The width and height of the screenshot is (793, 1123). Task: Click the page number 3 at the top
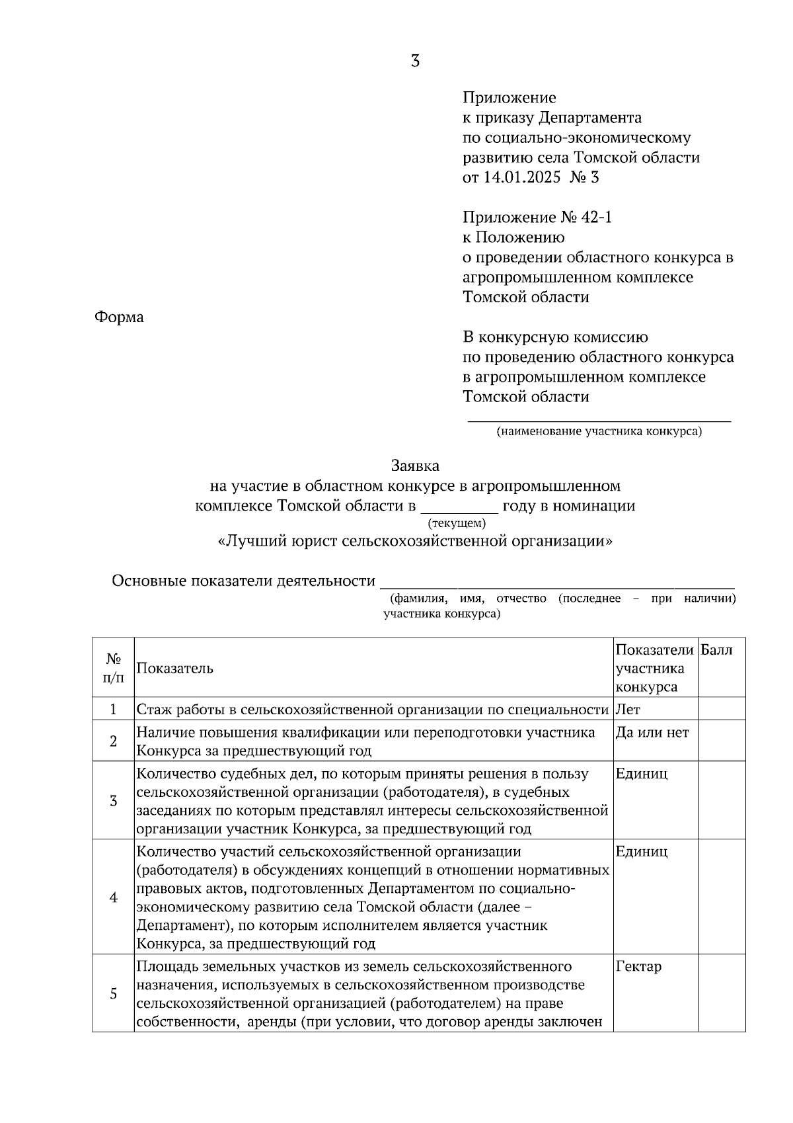point(415,62)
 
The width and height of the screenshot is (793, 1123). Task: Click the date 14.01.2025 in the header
point(521,177)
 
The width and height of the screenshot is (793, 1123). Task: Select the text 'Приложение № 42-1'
point(537,217)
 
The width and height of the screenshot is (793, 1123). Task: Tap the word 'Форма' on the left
point(119,317)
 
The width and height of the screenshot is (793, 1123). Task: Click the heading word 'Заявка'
point(415,466)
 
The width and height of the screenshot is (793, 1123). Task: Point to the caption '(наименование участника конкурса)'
point(599,432)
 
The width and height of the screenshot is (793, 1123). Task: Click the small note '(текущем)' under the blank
point(457,523)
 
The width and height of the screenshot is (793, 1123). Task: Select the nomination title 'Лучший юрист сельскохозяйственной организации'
point(415,541)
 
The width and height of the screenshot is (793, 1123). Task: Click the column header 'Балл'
point(716,650)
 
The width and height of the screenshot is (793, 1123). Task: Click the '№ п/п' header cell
point(113,668)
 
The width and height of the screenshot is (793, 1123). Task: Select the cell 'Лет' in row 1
point(628,710)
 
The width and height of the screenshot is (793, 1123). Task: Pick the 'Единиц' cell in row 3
point(641,774)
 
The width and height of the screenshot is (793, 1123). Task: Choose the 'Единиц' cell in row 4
point(641,851)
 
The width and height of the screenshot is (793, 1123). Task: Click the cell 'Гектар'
point(638,967)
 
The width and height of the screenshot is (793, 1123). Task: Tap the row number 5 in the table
point(113,993)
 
